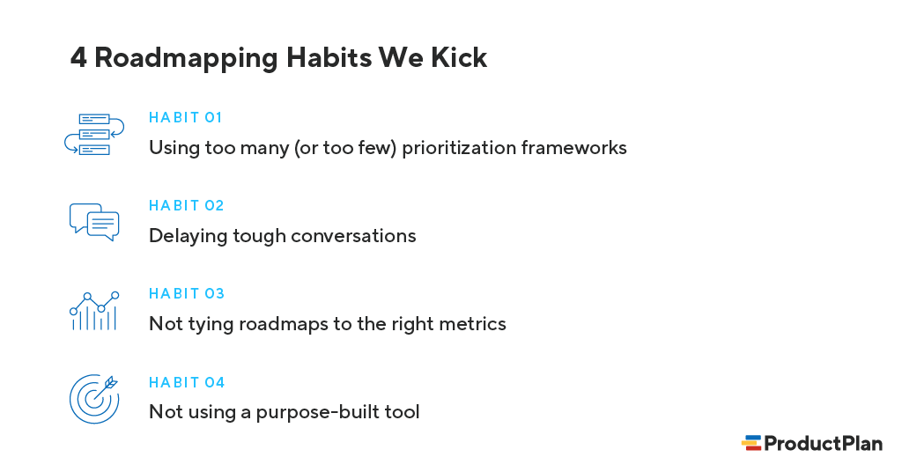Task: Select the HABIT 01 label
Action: point(186,117)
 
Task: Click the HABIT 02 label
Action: point(187,205)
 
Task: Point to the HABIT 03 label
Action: point(187,293)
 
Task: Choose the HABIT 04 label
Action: point(187,382)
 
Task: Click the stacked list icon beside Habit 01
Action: point(93,134)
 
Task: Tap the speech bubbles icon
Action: point(93,222)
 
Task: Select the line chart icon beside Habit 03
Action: point(93,311)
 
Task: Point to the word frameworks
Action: point(573,148)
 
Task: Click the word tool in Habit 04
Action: point(403,412)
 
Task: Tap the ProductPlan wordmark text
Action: point(823,444)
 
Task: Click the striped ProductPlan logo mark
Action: point(751,444)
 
